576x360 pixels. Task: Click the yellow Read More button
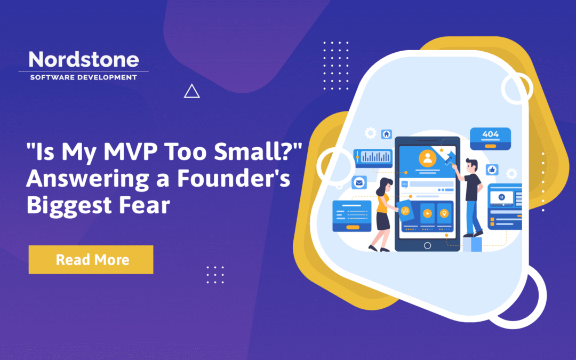91,260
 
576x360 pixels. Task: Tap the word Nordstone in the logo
83,60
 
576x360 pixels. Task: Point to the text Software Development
83,77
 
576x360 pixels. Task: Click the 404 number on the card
490,134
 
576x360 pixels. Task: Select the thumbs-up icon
492,170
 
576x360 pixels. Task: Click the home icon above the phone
386,134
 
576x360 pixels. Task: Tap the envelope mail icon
359,183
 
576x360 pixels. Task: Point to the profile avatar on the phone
427,157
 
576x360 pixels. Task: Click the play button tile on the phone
427,213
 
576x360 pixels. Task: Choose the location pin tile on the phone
444,213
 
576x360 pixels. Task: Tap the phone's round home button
427,245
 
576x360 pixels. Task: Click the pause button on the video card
501,196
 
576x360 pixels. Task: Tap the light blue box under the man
472,244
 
